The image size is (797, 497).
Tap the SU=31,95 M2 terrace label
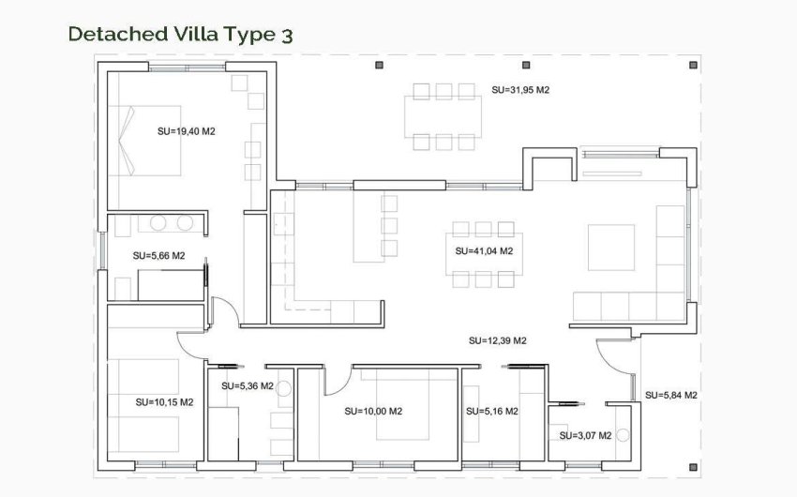[x=519, y=90]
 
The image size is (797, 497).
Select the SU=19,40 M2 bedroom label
[x=187, y=131]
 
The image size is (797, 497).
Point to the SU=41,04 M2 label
[x=483, y=251]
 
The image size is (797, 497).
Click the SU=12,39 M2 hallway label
[x=497, y=340]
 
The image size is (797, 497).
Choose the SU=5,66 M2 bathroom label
[x=158, y=255]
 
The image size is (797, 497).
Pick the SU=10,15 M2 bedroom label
[x=164, y=402]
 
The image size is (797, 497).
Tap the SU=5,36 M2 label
[x=247, y=385]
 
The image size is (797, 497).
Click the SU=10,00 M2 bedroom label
[x=373, y=411]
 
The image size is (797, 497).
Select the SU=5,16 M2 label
[x=491, y=411]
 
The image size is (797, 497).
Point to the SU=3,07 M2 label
[x=585, y=435]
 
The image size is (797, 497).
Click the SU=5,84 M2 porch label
[x=670, y=395]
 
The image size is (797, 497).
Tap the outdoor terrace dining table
[x=444, y=116]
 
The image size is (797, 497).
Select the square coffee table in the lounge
[x=604, y=248]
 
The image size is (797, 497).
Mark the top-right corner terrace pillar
[x=692, y=66]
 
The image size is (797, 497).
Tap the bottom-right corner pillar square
[x=692, y=465]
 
